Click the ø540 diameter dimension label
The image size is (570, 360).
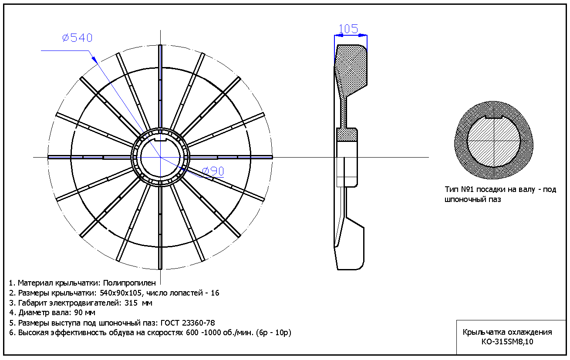pyautogui.click(x=77, y=38)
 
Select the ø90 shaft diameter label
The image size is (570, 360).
pyautogui.click(x=213, y=172)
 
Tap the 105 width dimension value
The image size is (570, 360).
pyautogui.click(x=348, y=29)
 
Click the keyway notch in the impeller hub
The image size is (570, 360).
pyautogui.click(x=161, y=140)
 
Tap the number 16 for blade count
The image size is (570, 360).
pyautogui.click(x=215, y=293)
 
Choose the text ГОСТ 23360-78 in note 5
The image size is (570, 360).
pyautogui.click(x=188, y=323)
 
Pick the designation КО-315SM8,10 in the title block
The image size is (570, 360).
pyautogui.click(x=507, y=342)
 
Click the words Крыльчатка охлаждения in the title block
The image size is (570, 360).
pyautogui.click(x=507, y=332)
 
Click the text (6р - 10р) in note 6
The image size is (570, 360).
pyautogui.click(x=274, y=333)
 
